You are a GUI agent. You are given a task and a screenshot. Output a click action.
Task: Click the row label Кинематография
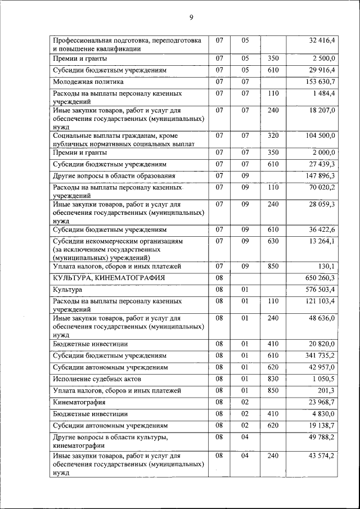pos(79,403)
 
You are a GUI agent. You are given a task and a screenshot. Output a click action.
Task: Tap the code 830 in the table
pos(273,379)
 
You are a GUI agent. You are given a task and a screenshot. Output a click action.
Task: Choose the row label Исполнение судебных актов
pos(100,379)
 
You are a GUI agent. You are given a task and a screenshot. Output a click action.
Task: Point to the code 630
pos(273,241)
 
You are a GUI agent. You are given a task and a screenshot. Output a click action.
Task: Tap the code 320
pos(273,136)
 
